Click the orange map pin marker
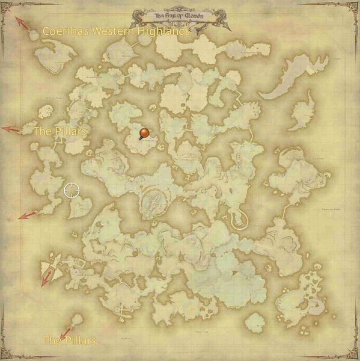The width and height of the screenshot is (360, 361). (x=143, y=133)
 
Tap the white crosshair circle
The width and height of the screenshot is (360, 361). (x=72, y=191)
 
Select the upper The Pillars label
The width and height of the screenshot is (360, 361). (x=59, y=130)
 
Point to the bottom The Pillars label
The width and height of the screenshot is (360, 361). (x=69, y=341)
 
